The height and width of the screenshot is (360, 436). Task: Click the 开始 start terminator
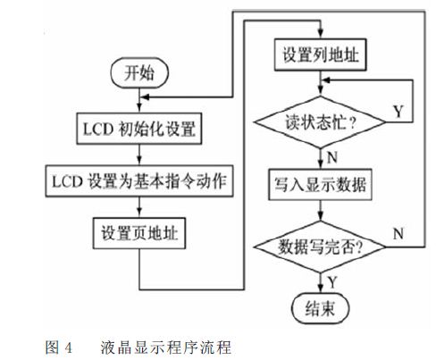coord(139,72)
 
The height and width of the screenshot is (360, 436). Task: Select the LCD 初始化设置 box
coord(139,129)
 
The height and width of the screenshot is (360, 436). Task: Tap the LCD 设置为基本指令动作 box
coord(139,181)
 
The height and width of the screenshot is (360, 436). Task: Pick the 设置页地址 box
coord(139,233)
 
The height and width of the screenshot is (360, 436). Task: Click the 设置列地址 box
coord(320,54)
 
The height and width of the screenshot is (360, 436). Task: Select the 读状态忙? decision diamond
coord(320,122)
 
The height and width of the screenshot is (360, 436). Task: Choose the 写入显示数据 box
coord(320,184)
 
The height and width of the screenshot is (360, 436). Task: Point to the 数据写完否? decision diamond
coord(320,247)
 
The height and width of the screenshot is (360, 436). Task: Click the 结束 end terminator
coord(320,308)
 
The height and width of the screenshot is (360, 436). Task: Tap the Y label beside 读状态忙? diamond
coord(398,112)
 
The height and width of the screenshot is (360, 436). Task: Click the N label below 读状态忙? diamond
coord(332,157)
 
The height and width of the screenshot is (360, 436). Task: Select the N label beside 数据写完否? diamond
coord(398,234)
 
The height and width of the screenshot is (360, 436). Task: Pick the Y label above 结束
coord(332,281)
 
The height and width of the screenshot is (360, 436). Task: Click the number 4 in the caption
coord(68,347)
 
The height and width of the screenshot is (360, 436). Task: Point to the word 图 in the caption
coord(52,347)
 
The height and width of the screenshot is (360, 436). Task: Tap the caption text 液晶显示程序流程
coord(165,347)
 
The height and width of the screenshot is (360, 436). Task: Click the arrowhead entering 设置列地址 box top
coord(320,34)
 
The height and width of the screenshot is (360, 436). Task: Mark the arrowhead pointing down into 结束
coord(320,289)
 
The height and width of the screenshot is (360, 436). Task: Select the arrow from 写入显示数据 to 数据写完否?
coord(320,211)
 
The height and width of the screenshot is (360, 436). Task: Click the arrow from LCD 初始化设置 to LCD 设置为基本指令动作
coord(139,155)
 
